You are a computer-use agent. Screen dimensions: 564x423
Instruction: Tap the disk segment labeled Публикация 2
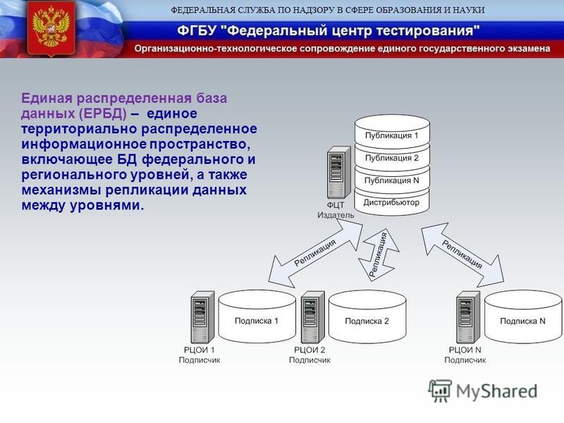[392, 157]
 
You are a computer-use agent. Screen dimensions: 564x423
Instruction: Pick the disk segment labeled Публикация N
[392, 179]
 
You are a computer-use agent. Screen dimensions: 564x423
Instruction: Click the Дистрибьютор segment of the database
[392, 202]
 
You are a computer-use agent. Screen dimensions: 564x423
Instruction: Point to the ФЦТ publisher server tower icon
[339, 173]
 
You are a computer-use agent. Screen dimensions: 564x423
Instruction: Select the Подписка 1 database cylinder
[257, 317]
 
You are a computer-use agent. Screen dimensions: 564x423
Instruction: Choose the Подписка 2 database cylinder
[367, 317]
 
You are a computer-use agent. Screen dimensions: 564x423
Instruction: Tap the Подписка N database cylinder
[523, 317]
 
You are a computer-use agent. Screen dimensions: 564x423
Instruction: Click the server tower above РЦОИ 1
[203, 317]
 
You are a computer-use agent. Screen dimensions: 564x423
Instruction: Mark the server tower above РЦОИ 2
[313, 317]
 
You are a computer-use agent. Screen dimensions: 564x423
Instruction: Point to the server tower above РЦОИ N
[468, 317]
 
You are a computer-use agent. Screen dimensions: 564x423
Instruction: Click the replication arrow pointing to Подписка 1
[315, 254]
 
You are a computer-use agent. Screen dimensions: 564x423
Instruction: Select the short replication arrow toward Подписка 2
[379, 255]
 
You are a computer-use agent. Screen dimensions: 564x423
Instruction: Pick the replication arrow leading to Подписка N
[462, 255]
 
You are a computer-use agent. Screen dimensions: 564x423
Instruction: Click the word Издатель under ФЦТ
[336, 215]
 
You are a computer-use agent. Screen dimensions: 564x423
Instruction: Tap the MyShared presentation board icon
[440, 391]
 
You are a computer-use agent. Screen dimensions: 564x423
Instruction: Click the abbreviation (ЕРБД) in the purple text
[102, 114]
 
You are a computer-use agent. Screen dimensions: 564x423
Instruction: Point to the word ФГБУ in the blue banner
[197, 30]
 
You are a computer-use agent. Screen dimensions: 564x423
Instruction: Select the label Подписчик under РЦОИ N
[465, 360]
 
